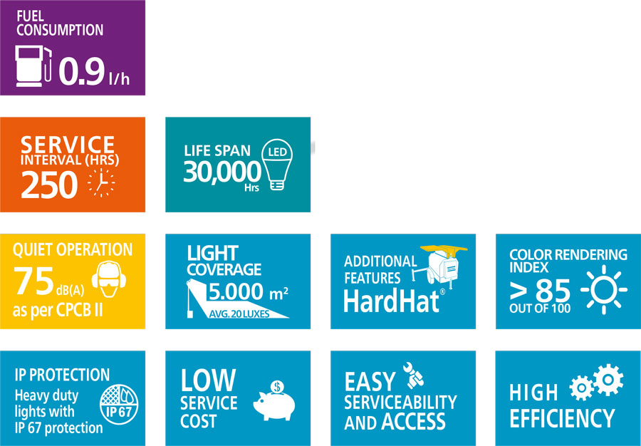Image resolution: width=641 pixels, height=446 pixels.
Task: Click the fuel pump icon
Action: (33, 66)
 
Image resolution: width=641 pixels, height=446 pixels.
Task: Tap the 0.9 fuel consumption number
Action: (82, 71)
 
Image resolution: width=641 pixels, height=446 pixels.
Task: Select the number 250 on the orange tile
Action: (49, 185)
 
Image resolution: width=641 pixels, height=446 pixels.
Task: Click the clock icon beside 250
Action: (101, 182)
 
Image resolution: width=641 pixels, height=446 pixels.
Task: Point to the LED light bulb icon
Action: (277, 165)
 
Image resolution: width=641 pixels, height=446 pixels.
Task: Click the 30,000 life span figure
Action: (222, 172)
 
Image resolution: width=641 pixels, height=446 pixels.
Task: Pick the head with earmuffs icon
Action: (109, 279)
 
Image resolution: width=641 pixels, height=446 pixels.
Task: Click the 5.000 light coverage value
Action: (236, 292)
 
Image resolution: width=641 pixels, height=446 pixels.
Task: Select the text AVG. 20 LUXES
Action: (239, 314)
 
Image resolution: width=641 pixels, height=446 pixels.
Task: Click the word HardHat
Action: (391, 301)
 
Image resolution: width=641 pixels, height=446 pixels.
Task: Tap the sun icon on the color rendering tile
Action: (604, 289)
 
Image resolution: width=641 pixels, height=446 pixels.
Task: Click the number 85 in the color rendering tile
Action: (553, 291)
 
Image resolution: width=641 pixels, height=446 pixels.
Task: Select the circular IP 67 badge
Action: (119, 404)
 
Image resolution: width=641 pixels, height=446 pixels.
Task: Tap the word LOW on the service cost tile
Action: (209, 380)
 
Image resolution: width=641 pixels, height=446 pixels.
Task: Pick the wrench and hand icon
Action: (413, 375)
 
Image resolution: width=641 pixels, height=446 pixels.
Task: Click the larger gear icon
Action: (608, 380)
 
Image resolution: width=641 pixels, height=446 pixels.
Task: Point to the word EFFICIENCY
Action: (562, 418)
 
